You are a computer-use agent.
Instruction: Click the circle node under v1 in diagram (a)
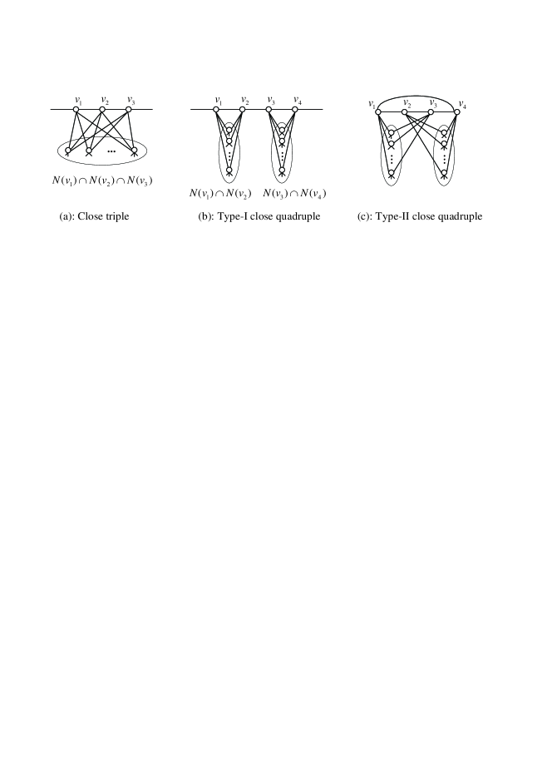[x=76, y=110]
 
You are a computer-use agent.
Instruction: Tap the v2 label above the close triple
[x=104, y=100]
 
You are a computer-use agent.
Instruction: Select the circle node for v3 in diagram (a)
[x=129, y=110]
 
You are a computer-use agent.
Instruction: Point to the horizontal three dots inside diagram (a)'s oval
[x=111, y=151]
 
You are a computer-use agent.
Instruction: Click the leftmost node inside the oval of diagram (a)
[x=69, y=151]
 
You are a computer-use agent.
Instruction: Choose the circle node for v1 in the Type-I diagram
[x=216, y=110]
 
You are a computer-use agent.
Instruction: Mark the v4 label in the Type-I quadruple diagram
[x=298, y=100]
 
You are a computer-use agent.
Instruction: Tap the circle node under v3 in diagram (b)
[x=269, y=110]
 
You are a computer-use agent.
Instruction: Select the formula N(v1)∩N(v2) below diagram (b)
[x=220, y=194]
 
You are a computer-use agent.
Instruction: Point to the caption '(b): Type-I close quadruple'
[x=255, y=216]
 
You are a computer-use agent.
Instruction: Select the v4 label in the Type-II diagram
[x=462, y=106]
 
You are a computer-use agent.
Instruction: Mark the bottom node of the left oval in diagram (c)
[x=391, y=173]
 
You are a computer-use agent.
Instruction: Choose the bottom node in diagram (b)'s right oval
[x=282, y=171]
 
